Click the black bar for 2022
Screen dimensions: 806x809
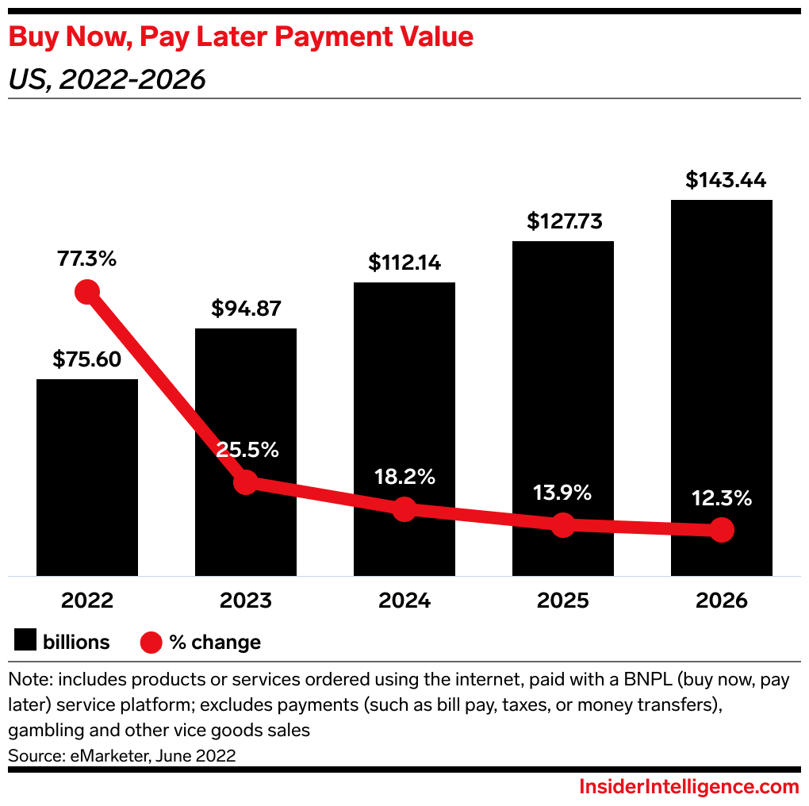click(87, 476)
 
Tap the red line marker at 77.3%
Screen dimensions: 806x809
click(87, 292)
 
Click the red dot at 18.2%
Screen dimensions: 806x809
click(404, 509)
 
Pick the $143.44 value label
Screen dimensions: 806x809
click(726, 180)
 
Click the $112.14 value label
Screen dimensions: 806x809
click(404, 263)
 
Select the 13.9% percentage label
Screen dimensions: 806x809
click(562, 493)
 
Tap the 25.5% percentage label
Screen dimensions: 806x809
click(247, 450)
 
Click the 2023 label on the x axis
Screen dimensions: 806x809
click(246, 601)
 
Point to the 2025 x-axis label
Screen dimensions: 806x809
click(562, 601)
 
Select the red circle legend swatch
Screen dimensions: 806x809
click(151, 642)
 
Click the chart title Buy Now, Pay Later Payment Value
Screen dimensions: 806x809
click(241, 36)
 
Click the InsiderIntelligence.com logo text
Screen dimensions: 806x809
click(688, 786)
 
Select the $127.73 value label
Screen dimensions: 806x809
click(563, 221)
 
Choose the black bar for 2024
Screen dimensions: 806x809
click(404, 428)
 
